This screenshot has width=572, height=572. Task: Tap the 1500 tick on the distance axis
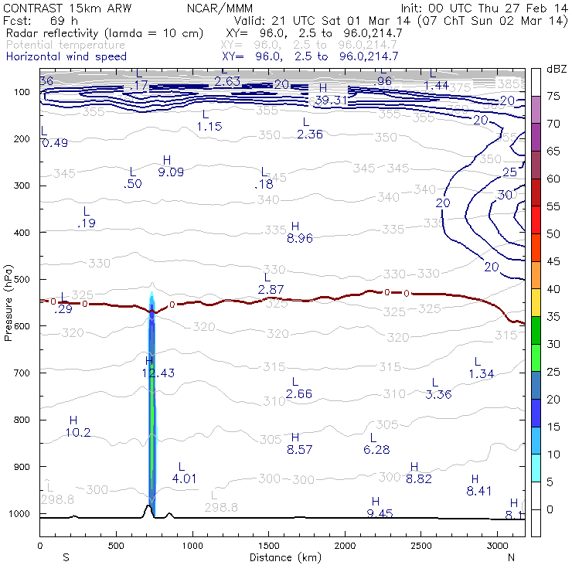(x=269, y=545)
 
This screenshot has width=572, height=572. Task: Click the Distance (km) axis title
(x=282, y=557)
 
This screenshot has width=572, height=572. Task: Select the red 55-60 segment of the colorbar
(x=536, y=192)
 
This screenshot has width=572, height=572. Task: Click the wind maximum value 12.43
(x=158, y=373)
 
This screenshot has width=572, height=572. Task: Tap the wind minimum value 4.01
(x=185, y=478)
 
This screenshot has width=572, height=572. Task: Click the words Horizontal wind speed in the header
(x=66, y=56)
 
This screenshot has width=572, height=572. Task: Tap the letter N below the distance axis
(x=511, y=557)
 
